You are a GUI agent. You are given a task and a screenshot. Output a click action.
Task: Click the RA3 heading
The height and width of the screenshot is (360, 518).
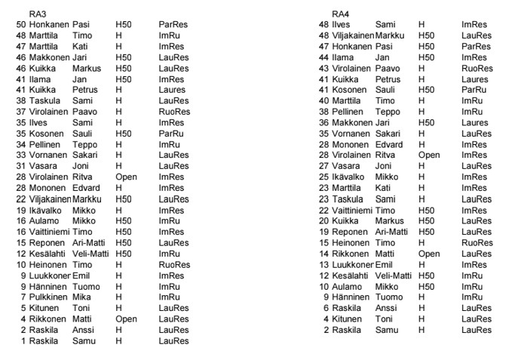point(35,14)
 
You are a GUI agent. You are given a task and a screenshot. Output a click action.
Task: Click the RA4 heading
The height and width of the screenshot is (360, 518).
point(340,14)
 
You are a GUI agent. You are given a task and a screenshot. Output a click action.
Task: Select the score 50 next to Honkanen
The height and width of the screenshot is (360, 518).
point(20,25)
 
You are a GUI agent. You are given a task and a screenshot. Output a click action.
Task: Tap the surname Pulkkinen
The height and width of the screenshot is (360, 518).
point(48,297)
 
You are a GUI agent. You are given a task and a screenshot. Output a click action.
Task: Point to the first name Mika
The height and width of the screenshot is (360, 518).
point(81,297)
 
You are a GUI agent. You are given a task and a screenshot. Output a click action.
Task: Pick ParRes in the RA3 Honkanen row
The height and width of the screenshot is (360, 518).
point(173,25)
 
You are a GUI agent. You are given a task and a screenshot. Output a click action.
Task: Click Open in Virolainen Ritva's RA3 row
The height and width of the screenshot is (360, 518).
point(126,177)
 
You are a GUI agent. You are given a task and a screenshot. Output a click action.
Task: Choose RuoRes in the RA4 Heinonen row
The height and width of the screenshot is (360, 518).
point(477,243)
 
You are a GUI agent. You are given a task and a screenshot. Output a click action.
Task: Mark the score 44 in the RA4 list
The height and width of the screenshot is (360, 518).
point(324,57)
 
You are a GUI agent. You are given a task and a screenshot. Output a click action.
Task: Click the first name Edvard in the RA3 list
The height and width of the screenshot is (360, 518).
point(86,187)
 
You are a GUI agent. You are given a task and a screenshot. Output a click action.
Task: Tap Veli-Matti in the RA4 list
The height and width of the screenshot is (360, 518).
point(393,275)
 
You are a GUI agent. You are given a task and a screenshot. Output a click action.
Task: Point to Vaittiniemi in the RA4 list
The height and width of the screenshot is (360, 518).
point(351,211)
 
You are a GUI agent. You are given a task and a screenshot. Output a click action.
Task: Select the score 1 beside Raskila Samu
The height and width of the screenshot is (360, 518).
point(23,340)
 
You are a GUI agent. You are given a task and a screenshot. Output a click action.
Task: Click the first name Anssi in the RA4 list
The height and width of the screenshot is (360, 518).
point(386,308)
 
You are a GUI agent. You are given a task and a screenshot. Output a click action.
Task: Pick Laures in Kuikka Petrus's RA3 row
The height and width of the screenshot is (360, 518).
point(173,90)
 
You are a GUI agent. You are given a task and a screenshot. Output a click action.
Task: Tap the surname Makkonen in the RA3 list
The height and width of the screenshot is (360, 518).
point(48,57)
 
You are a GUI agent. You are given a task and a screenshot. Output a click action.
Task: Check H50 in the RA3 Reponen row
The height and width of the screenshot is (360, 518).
point(124,243)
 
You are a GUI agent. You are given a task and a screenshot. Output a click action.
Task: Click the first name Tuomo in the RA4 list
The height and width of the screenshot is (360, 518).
point(388,297)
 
